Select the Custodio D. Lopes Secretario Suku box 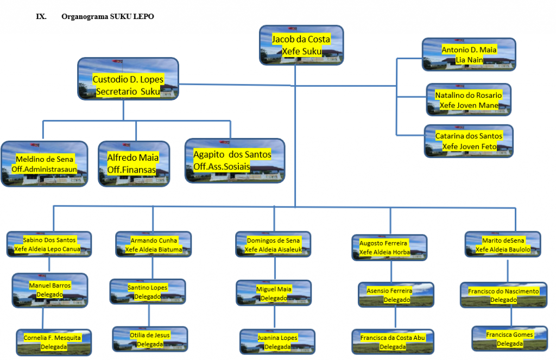pyautogui.click(x=128, y=80)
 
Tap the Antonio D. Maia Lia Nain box pyautogui.click(x=469, y=54)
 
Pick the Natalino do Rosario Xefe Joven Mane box pyautogui.click(x=469, y=100)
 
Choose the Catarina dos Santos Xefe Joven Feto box pyautogui.click(x=469, y=141)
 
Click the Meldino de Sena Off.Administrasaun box pyautogui.click(x=44, y=164)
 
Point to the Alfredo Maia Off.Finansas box pyautogui.click(x=133, y=163)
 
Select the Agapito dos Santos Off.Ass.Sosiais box pyautogui.click(x=235, y=160)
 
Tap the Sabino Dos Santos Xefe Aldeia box pyautogui.click(x=49, y=244)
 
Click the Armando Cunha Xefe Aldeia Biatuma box pyautogui.click(x=154, y=244)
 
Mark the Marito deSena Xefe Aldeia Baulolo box pyautogui.click(x=503, y=244)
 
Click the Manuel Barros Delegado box pyautogui.click(x=49, y=289)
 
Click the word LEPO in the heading pyautogui.click(x=143, y=17)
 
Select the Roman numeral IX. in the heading pyautogui.click(x=41, y=17)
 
